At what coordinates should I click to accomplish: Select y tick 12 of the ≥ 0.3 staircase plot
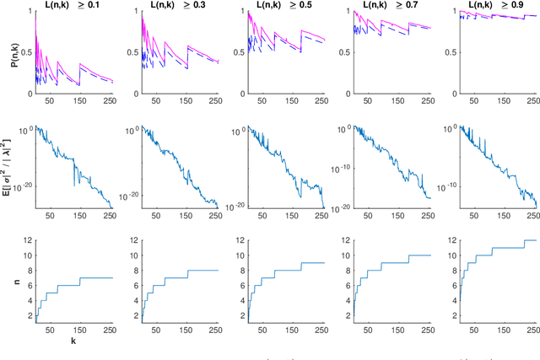(x=133, y=242)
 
